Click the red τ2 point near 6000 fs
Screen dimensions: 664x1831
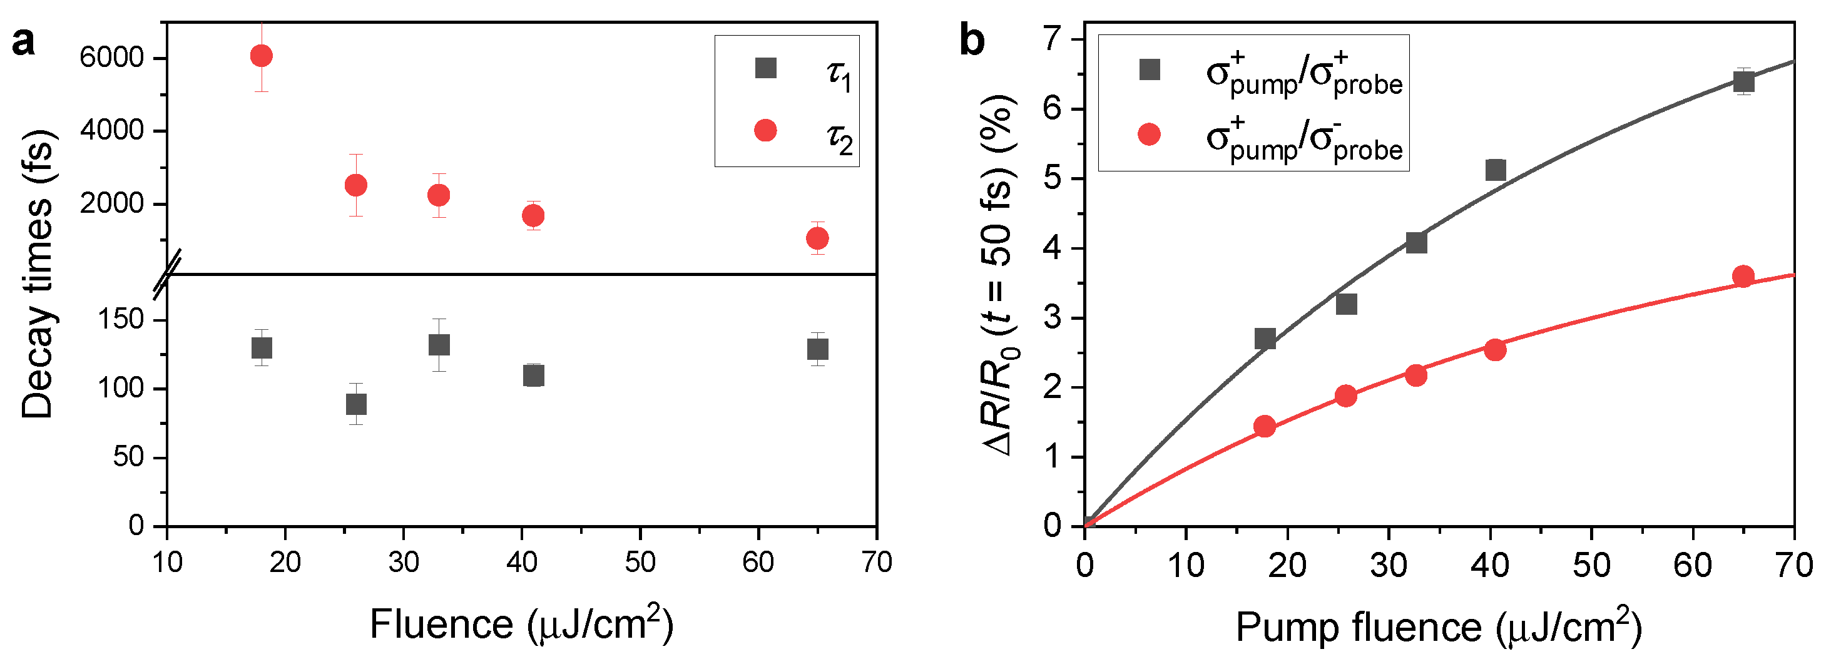tap(262, 56)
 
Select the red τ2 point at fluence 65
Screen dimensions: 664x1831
tap(817, 238)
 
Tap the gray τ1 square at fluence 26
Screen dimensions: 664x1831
tap(356, 404)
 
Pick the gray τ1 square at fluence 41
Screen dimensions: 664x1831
tap(534, 375)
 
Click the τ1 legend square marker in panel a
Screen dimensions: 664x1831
tap(765, 68)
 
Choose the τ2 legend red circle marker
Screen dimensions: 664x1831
tap(765, 130)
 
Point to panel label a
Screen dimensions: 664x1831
tap(23, 43)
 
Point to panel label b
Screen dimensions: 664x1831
tap(972, 41)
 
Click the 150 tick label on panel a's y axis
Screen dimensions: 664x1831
tap(121, 320)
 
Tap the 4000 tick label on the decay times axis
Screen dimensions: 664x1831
tap(111, 131)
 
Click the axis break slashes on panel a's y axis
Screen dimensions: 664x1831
tap(168, 273)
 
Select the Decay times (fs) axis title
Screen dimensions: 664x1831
tap(37, 273)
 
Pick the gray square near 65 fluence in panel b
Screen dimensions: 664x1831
tap(1743, 83)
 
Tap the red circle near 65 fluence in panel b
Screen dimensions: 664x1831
tap(1743, 276)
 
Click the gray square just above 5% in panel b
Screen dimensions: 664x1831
tap(1496, 170)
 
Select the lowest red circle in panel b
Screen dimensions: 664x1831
tap(1265, 427)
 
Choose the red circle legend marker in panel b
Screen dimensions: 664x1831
tap(1150, 135)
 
